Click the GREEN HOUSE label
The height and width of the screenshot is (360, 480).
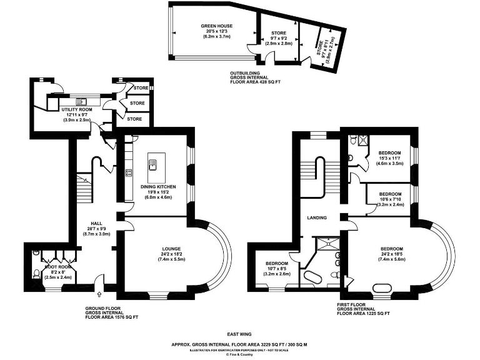pos(217,26)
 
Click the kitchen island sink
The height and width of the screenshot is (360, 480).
pos(152,166)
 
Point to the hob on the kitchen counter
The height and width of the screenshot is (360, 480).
pos(128,172)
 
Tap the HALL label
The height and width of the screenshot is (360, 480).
pos(96,223)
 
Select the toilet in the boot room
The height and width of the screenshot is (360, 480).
pos(36,273)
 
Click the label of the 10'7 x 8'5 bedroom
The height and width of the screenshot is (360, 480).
pos(277,263)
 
